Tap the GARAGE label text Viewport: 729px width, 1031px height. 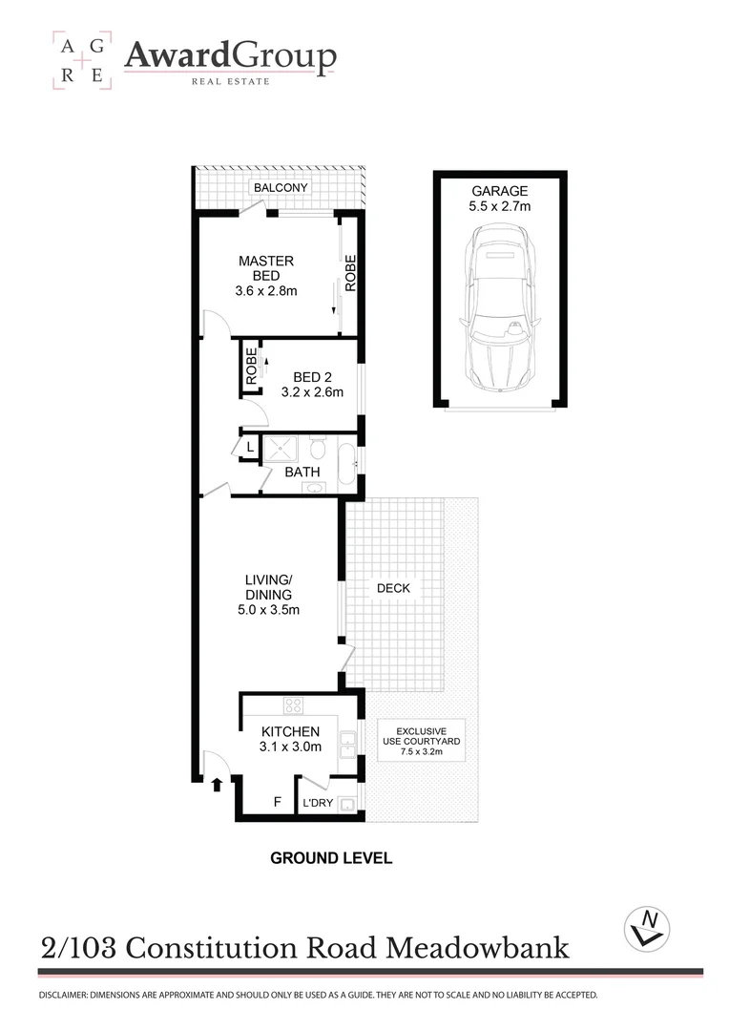pyautogui.click(x=500, y=191)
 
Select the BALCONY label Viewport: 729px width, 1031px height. pyautogui.click(x=281, y=188)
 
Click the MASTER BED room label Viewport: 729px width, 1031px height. pyautogui.click(x=266, y=275)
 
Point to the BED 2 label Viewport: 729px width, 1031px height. pyautogui.click(x=312, y=384)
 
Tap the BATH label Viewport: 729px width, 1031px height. pyautogui.click(x=302, y=472)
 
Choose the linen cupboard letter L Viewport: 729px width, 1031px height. pyautogui.click(x=250, y=447)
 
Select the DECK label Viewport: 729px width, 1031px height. pyautogui.click(x=392, y=588)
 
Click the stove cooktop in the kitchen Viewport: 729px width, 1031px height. pyautogui.click(x=294, y=706)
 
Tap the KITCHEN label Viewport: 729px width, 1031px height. pyautogui.click(x=294, y=739)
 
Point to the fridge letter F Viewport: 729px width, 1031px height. pyautogui.click(x=278, y=802)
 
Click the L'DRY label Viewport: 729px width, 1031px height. pyautogui.click(x=318, y=803)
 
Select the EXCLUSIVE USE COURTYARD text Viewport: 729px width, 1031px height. pyautogui.click(x=421, y=741)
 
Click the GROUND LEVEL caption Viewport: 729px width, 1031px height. pyautogui.click(x=331, y=857)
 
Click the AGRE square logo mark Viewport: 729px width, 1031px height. pyautogui.click(x=81, y=59)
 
